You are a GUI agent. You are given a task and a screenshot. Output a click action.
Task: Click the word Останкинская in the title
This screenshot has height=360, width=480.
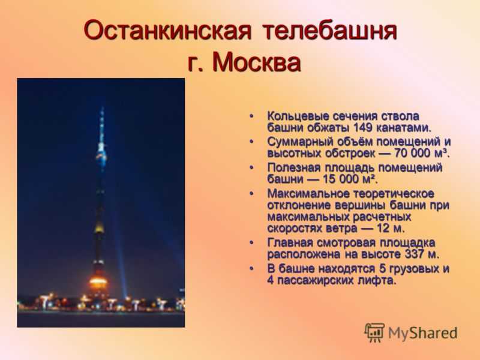pyautogui.click(x=168, y=31)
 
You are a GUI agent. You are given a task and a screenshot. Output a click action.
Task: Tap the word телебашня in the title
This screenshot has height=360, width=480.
pyautogui.click(x=329, y=31)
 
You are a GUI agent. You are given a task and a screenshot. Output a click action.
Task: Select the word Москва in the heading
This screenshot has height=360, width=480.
pyautogui.click(x=257, y=63)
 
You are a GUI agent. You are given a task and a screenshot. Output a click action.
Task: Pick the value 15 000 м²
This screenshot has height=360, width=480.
pyautogui.click(x=349, y=179)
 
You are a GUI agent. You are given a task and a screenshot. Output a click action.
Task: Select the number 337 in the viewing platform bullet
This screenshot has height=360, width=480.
pyautogui.click(x=415, y=254)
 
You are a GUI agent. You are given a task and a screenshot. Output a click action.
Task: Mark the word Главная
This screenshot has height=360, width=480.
pyautogui.click(x=290, y=243)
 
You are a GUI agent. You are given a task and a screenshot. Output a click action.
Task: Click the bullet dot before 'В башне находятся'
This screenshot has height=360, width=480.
pyautogui.click(x=251, y=269)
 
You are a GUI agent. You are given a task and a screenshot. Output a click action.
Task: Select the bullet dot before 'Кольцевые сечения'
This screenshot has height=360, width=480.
pyautogui.click(x=251, y=116)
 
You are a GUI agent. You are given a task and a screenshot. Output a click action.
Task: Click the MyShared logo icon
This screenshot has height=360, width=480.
pyautogui.click(x=374, y=332)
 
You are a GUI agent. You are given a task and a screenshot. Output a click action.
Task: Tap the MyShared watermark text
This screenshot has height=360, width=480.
pyautogui.click(x=423, y=333)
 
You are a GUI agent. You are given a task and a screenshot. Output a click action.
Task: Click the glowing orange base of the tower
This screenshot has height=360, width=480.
pyautogui.click(x=98, y=281)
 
